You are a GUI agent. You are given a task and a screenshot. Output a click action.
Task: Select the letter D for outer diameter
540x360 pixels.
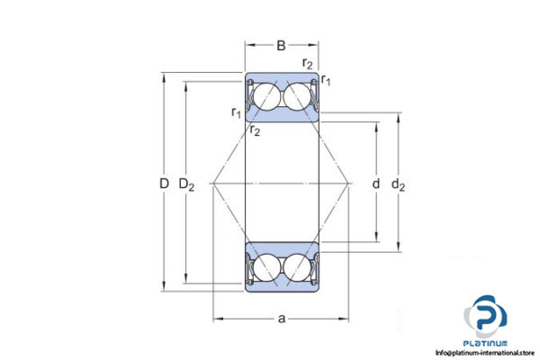[x=163, y=184]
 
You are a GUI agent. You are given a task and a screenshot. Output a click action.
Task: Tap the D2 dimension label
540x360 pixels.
[x=187, y=184]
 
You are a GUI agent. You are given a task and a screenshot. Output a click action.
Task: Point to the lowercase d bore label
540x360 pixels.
[x=375, y=184]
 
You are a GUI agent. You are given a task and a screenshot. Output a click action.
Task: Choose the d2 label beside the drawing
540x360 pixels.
[x=399, y=185]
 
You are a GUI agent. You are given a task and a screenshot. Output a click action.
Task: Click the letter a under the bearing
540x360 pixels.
[x=282, y=318]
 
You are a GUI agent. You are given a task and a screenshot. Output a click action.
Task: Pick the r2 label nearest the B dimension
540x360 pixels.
[x=308, y=64]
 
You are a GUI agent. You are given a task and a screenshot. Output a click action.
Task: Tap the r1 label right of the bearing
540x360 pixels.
[x=327, y=82]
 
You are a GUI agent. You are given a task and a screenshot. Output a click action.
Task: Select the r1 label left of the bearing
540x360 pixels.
[x=236, y=112]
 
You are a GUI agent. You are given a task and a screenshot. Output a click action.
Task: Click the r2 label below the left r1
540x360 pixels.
[x=256, y=131]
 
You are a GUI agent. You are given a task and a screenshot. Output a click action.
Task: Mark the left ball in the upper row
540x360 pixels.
[x=265, y=97]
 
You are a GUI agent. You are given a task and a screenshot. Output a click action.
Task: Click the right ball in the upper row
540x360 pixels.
[x=298, y=97]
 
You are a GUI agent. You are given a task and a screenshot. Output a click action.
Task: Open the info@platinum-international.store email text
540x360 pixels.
[x=486, y=353]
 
